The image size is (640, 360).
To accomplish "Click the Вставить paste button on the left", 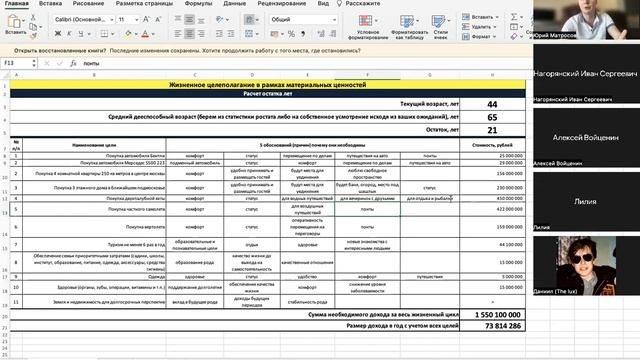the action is [x=17, y=28].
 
